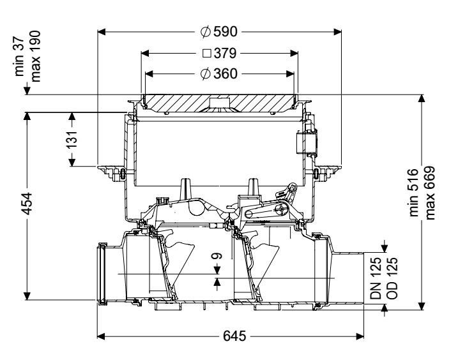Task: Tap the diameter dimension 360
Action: click(x=225, y=73)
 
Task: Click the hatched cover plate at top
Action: click(x=192, y=102)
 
